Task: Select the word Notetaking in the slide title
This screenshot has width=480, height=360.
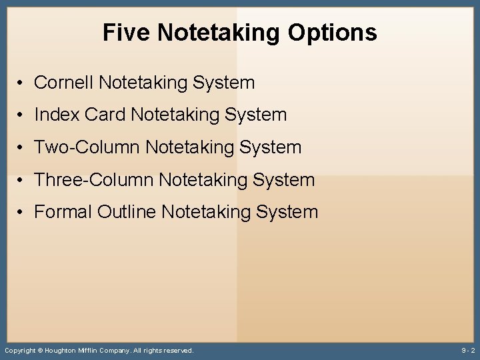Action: [221, 33]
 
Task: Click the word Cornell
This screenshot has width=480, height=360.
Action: [63, 83]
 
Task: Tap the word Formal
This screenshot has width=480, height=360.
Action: [63, 212]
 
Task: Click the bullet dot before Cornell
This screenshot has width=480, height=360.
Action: [22, 83]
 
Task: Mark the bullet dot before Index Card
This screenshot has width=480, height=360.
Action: [22, 115]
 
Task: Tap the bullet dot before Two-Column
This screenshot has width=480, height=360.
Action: [22, 148]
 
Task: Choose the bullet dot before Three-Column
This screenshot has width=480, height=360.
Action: [22, 180]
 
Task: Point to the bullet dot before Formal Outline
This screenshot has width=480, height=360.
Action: [22, 213]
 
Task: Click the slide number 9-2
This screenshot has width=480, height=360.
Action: [468, 350]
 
